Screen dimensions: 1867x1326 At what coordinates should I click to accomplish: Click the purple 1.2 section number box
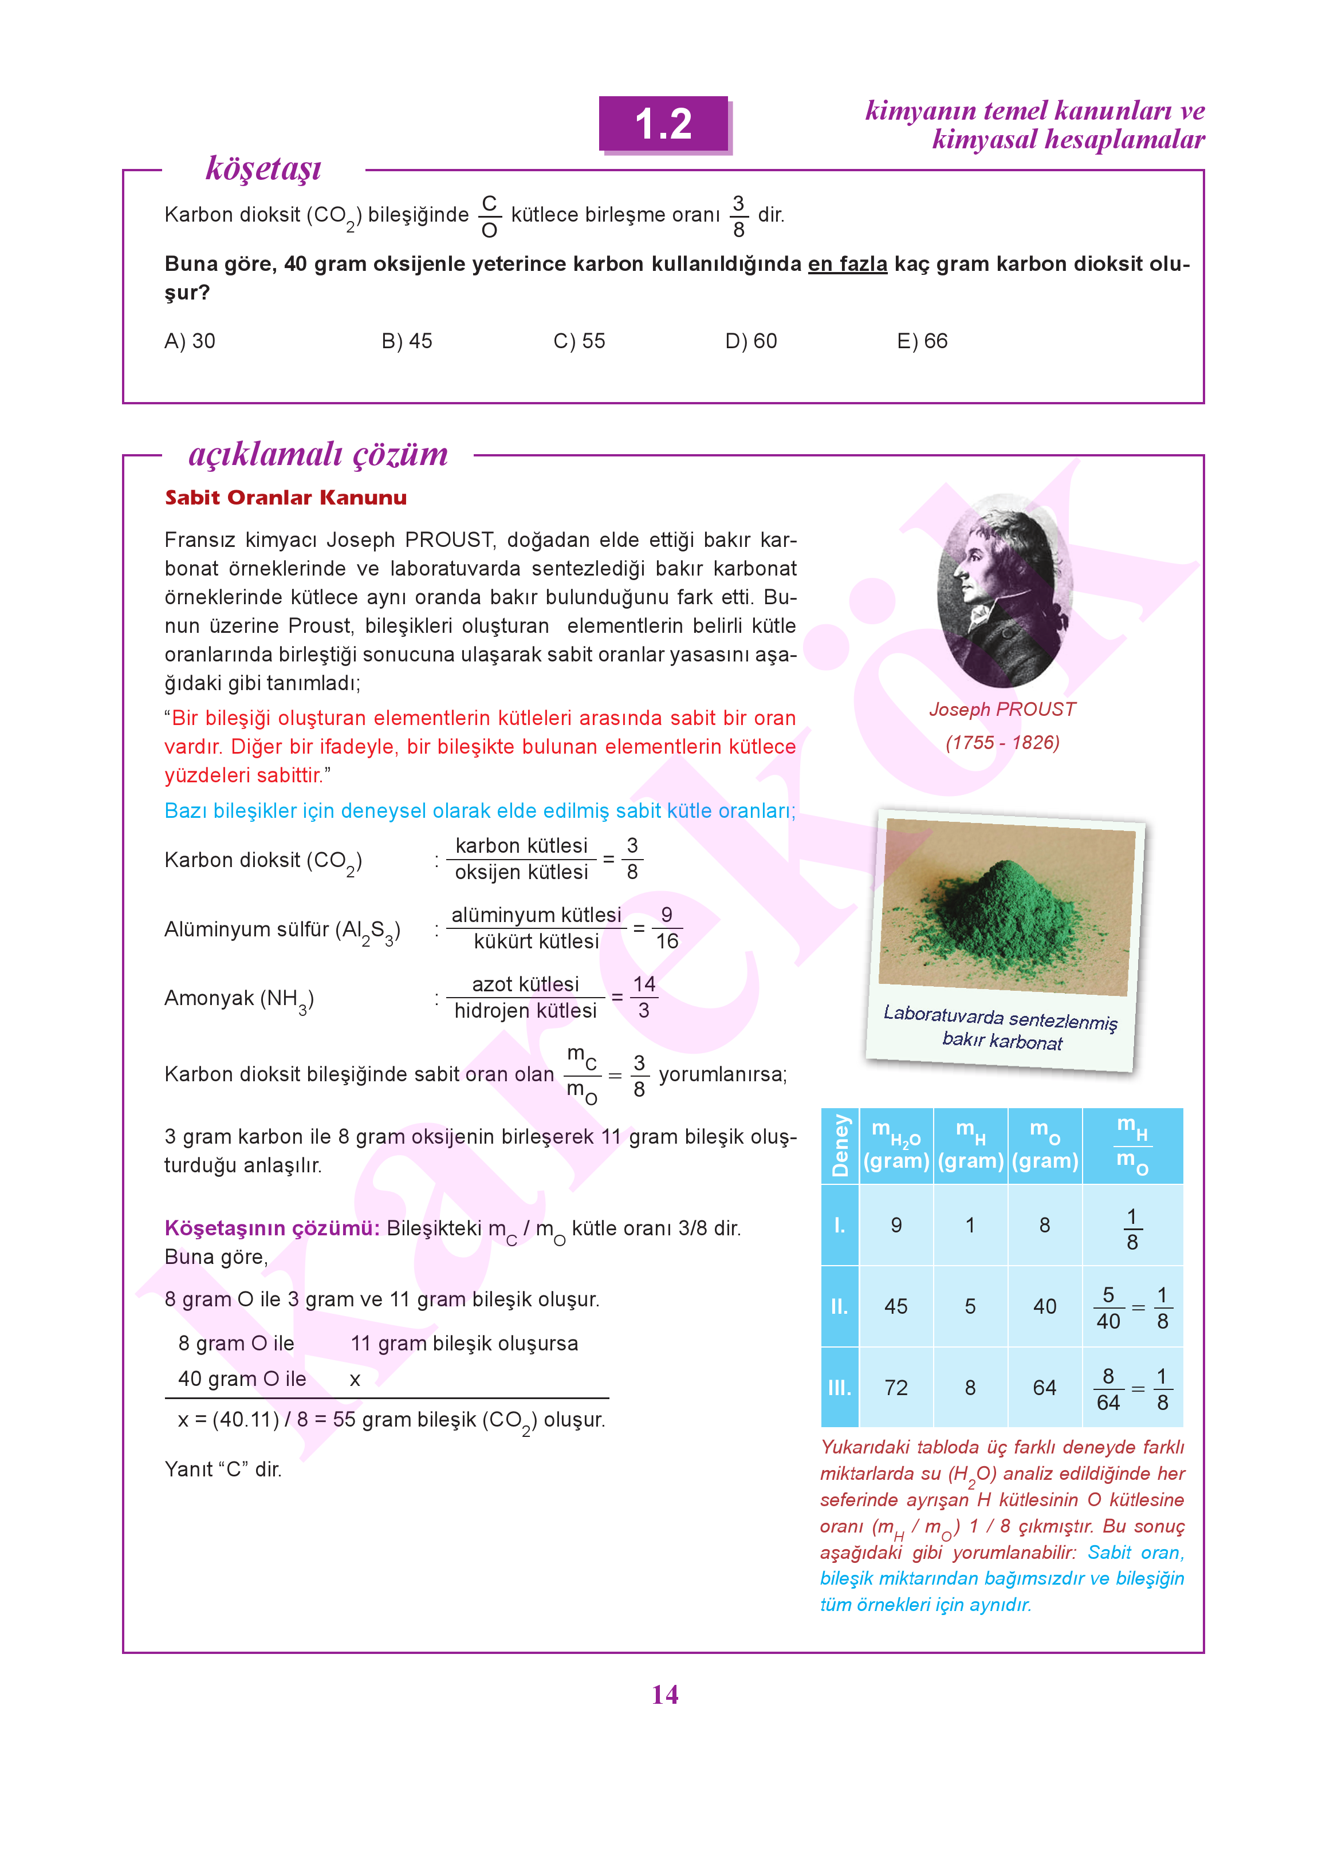(x=664, y=124)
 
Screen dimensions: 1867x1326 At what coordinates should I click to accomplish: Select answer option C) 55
(x=579, y=341)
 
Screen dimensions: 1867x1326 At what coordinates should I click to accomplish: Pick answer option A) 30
(x=190, y=341)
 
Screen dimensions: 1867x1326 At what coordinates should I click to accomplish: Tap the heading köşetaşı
(x=263, y=168)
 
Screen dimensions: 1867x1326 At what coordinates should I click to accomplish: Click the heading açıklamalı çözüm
(x=318, y=454)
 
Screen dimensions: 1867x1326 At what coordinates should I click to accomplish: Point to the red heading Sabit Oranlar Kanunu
(x=286, y=498)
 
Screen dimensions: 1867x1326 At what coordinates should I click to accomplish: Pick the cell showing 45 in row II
(x=896, y=1306)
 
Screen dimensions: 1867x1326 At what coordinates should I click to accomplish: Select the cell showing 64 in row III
(x=1044, y=1388)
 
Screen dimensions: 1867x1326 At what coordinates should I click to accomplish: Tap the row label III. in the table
(x=839, y=1388)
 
